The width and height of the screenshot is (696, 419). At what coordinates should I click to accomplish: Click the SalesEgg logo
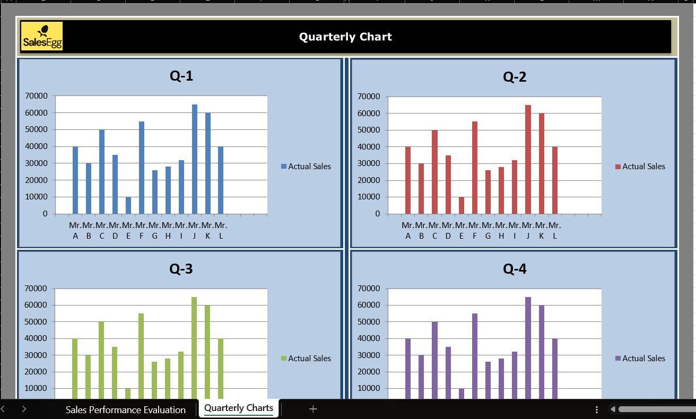[42, 36]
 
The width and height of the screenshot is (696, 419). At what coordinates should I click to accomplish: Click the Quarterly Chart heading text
[345, 37]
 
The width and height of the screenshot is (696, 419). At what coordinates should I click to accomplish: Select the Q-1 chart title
[181, 76]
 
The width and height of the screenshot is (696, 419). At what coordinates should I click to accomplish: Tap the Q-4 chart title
[515, 269]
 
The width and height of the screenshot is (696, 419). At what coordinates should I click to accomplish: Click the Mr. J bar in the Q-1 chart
[195, 159]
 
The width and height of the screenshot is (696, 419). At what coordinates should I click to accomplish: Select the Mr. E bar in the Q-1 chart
[128, 205]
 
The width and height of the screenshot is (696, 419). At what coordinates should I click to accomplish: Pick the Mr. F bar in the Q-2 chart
[475, 168]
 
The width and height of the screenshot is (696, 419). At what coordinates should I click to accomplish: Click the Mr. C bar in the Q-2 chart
[434, 172]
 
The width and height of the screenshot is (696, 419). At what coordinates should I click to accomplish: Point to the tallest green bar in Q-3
[194, 347]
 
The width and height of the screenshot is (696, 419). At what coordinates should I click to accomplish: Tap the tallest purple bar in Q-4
[528, 347]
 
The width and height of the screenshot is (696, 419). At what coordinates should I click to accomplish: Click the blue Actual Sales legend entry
[306, 167]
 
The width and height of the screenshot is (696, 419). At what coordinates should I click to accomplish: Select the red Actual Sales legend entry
[640, 167]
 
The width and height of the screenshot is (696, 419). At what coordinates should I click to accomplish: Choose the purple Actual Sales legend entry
[640, 359]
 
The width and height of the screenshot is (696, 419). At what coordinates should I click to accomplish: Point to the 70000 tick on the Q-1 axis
[36, 96]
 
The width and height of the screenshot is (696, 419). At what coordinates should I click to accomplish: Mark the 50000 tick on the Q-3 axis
[36, 322]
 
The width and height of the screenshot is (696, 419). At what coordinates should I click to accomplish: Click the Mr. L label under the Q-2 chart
[554, 230]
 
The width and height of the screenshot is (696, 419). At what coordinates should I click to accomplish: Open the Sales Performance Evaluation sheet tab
[125, 409]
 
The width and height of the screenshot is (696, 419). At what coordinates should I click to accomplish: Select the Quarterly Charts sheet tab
[239, 408]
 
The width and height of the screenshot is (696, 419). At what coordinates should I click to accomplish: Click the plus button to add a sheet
[313, 409]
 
